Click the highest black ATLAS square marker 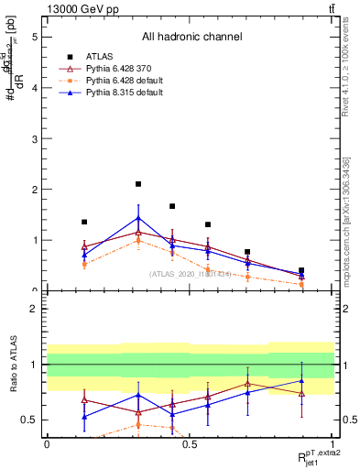(138, 184)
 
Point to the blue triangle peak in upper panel (138, 218)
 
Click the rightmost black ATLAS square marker (301, 270)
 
